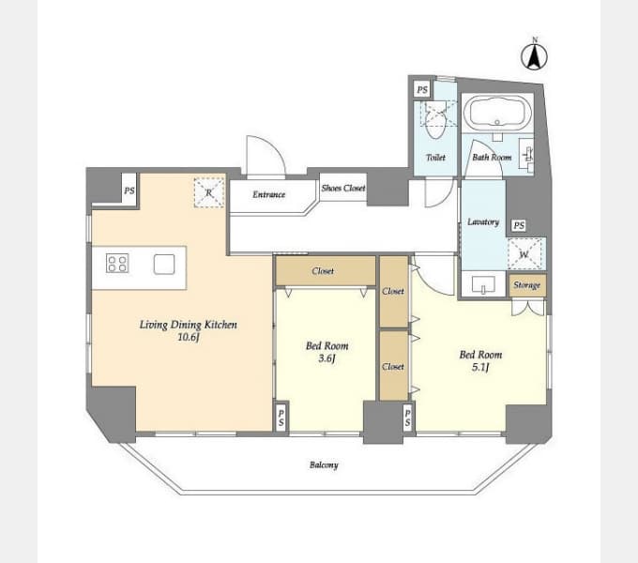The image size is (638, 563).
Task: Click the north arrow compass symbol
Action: (534, 55)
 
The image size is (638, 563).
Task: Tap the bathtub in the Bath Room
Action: (497, 112)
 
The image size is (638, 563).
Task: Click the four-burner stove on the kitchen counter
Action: (117, 263)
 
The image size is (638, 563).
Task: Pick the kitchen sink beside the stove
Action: (164, 264)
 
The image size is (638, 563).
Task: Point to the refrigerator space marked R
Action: (209, 192)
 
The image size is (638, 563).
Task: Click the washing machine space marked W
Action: (524, 254)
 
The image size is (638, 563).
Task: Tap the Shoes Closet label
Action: (343, 188)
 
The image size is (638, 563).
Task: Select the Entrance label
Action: (269, 194)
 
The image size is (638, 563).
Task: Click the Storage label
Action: (527, 284)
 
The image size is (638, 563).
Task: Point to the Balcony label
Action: (324, 465)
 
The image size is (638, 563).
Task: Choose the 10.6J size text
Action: (189, 337)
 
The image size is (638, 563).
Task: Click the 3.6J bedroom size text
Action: (327, 358)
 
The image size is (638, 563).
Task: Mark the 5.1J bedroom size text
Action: (480, 367)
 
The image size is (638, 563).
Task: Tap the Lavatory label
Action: (483, 221)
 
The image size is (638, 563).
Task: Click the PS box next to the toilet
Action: (422, 89)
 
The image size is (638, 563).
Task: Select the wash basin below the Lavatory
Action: (483, 284)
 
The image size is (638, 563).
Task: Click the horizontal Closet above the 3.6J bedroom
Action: (326, 270)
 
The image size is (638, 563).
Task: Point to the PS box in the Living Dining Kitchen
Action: (129, 190)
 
